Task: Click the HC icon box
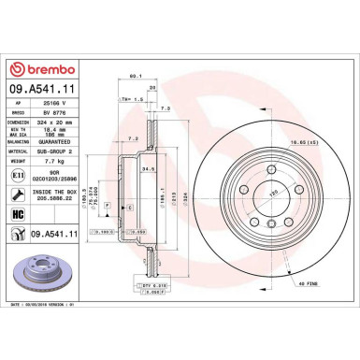pyautogui.click(x=17, y=216)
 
